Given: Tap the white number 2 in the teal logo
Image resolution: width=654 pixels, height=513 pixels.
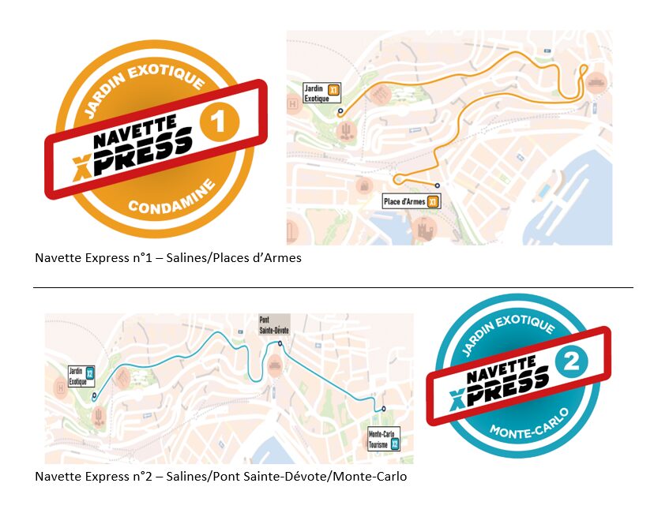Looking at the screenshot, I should pos(573,362).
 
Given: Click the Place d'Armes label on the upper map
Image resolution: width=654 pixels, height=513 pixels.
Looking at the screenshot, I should pos(404,201).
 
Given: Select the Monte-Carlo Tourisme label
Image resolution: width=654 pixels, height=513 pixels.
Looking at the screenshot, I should pos(380,439).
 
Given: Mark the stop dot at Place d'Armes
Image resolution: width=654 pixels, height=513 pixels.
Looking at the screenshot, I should pos(437,185).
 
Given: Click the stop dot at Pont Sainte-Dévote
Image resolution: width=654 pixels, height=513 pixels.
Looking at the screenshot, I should pos(280,343).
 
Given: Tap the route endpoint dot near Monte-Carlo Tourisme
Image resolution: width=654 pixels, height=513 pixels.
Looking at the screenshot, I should pos(384,409).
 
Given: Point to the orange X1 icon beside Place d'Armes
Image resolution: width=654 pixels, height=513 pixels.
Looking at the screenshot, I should pos(433,201).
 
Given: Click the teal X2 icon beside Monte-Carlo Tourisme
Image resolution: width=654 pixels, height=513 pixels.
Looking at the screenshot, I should pos(396,444).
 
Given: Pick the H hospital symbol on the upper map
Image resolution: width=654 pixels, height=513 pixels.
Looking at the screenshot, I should pos(294,103).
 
